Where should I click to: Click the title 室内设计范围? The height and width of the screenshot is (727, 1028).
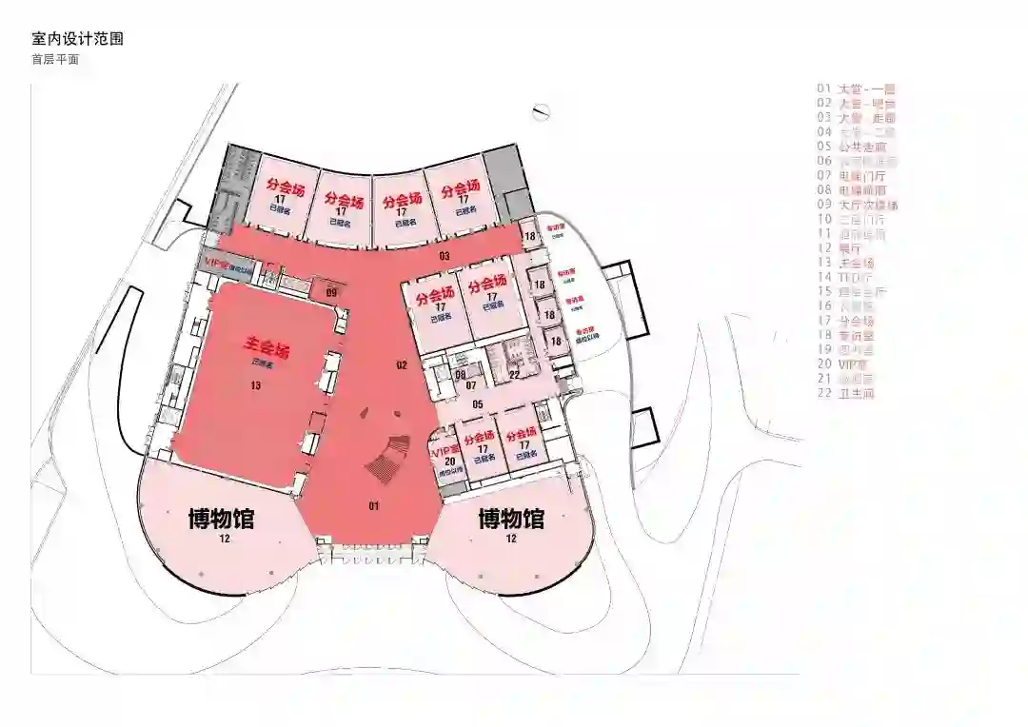(77, 40)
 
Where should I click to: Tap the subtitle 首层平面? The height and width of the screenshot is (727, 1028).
(54, 59)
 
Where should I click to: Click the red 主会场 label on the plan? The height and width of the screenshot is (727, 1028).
(267, 347)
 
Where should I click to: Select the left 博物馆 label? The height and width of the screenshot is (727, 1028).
(221, 520)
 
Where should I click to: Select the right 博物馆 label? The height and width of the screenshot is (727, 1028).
(511, 520)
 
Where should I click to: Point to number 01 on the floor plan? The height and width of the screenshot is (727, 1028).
(374, 504)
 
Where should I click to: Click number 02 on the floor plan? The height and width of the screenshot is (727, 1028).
(402, 364)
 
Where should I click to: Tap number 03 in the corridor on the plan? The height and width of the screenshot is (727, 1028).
(444, 257)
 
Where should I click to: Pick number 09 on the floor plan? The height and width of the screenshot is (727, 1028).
(331, 293)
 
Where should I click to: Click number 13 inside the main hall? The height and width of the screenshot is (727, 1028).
(255, 385)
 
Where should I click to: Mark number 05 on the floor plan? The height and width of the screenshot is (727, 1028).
(478, 403)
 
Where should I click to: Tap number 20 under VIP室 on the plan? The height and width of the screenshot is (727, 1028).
(449, 462)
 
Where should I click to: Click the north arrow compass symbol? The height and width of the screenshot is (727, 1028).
(544, 111)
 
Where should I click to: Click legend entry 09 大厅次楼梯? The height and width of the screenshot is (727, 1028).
(857, 205)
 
